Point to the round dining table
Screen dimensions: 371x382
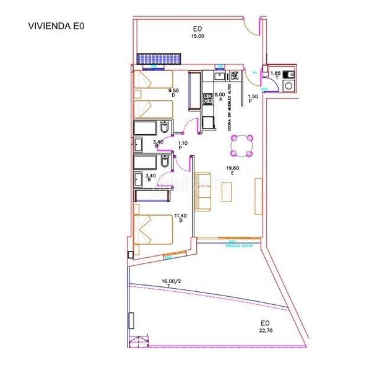pos(242,146)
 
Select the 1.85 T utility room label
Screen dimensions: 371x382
pos(276,75)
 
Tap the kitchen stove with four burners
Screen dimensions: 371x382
pos(207,97)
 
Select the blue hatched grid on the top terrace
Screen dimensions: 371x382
pos(159,59)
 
